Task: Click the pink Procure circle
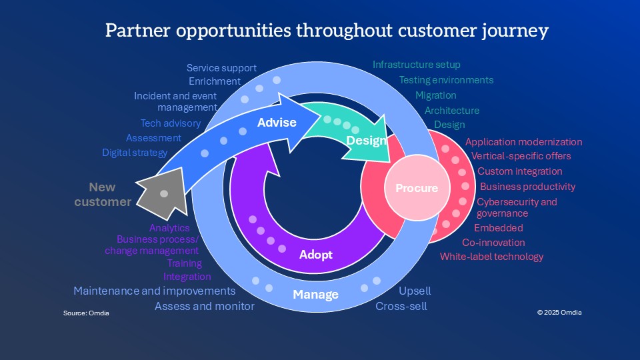[417, 188]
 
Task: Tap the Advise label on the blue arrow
[277, 123]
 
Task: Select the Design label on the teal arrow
[366, 141]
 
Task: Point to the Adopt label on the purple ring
[315, 255]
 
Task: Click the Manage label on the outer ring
[316, 294]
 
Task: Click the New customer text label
[103, 195]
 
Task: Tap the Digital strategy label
[135, 153]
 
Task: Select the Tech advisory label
[170, 123]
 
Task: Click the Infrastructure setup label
[417, 65]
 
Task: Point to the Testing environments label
[446, 80]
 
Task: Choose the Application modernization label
[523, 142]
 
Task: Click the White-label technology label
[491, 257]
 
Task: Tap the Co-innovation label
[493, 243]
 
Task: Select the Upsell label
[415, 291]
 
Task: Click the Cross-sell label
[401, 307]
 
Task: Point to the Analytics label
[169, 228]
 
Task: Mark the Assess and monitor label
[205, 307]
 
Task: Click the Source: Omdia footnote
[86, 313]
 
